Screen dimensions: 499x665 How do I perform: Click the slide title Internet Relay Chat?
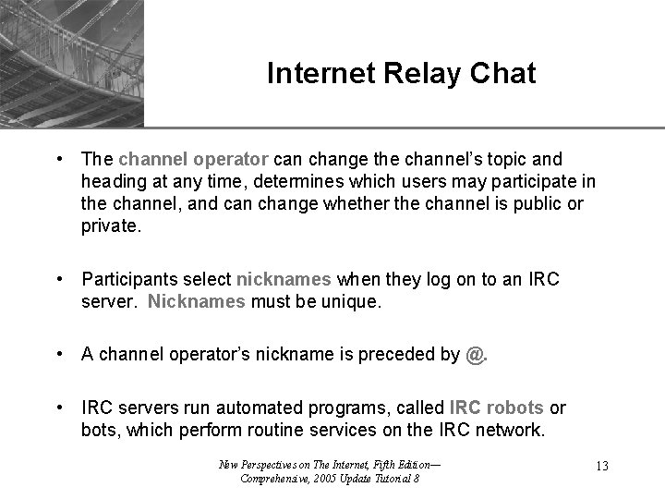tap(401, 74)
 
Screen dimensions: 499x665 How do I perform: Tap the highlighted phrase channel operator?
tap(193, 160)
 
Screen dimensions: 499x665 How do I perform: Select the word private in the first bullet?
tap(111, 225)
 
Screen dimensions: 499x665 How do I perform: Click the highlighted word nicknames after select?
tap(285, 279)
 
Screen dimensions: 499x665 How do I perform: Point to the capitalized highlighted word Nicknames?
tap(196, 301)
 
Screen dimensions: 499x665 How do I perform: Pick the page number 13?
tap(601, 466)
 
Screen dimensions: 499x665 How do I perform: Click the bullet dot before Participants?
tap(59, 279)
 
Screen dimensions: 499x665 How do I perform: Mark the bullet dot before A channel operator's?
tap(59, 354)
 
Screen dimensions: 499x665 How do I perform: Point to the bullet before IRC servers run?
tap(59, 408)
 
